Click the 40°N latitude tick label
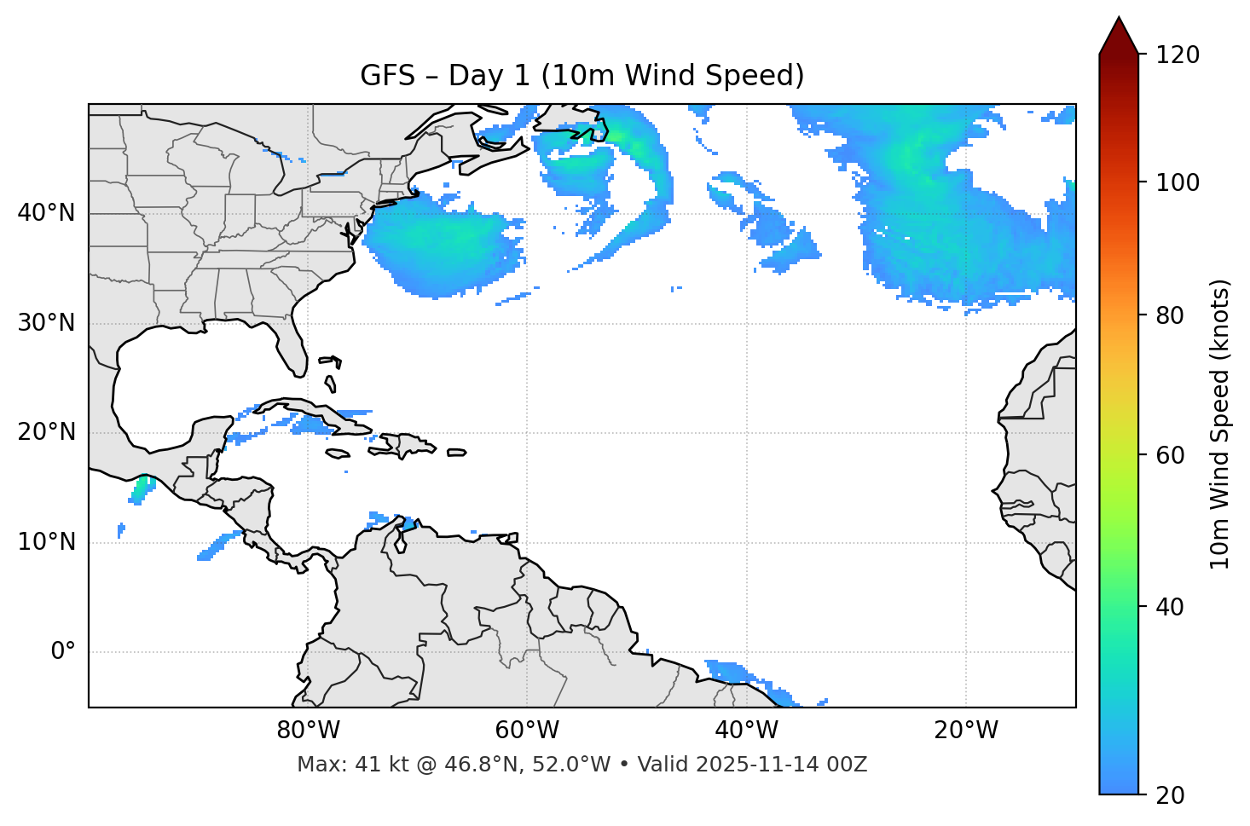47,213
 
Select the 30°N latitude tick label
47,323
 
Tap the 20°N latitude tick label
47,432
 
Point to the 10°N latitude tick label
47,542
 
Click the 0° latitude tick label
63,652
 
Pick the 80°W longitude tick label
308,731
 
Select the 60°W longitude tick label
527,731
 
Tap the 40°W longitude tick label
746,731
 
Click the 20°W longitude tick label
965,731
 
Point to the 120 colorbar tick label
1178,55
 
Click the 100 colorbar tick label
1178,182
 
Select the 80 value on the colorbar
1172,315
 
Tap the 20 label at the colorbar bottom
1172,795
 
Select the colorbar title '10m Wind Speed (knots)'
1220,424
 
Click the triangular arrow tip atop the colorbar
1119,36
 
